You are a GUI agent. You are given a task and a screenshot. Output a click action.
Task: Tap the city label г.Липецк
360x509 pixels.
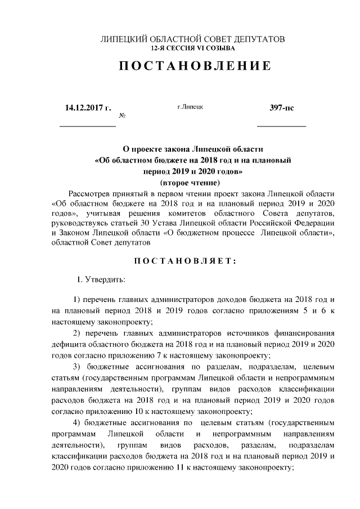[190, 106]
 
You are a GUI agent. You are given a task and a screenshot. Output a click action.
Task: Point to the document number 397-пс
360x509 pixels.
[281, 107]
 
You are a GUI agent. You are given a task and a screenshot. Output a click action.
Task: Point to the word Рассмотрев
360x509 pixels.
[89, 193]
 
